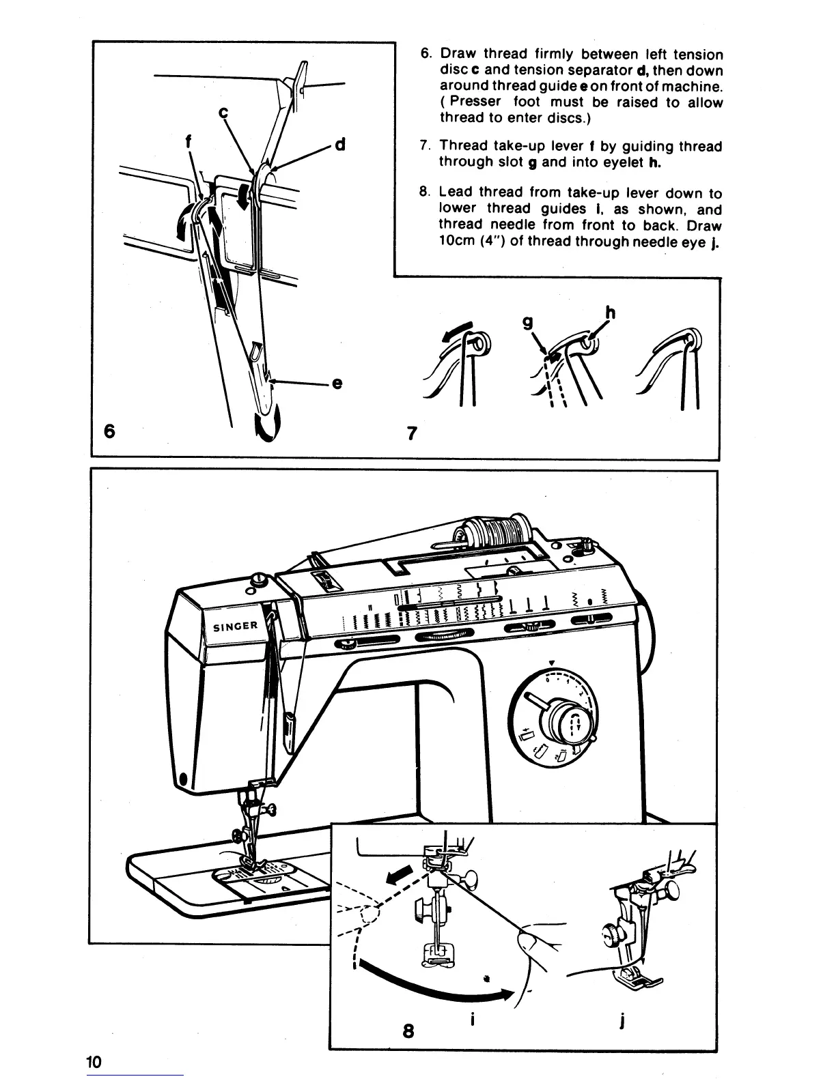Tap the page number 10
[x=94, y=1062]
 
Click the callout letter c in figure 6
[x=222, y=114]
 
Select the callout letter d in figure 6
[x=341, y=145]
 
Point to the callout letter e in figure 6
[x=336, y=384]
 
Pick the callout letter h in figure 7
[x=610, y=313]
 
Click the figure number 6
[x=109, y=431]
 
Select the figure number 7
[x=411, y=433]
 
